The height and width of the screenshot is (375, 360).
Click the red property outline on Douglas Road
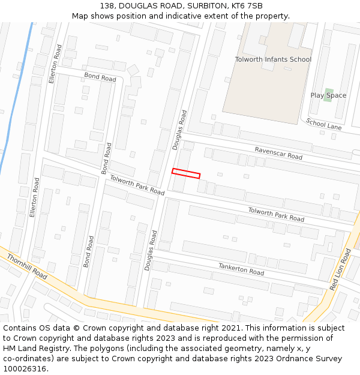pyautogui.click(x=185, y=173)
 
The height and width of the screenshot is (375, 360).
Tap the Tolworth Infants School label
pyautogui.click(x=273, y=59)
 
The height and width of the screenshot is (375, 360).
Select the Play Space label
pyautogui.click(x=328, y=95)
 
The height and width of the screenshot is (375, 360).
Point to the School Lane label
pyautogui.click(x=323, y=124)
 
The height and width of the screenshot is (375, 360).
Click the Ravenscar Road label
pyautogui.click(x=278, y=153)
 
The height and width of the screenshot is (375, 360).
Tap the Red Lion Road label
pyautogui.click(x=340, y=269)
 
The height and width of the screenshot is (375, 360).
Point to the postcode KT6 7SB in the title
pyautogui.click(x=247, y=6)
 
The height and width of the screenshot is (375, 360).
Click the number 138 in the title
pyautogui.click(x=107, y=6)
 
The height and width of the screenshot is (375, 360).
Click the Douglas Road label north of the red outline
pyautogui.click(x=179, y=129)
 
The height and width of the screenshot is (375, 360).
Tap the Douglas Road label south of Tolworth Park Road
pyautogui.click(x=151, y=250)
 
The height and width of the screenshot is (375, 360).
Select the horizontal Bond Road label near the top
pyautogui.click(x=100, y=77)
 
